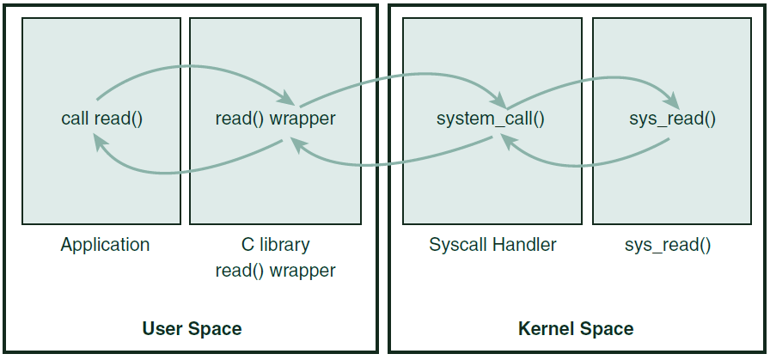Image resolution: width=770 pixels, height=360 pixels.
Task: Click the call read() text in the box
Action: coord(101,119)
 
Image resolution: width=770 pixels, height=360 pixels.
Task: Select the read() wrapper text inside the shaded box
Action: coord(275,119)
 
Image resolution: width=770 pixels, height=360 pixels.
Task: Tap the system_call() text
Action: coord(491,119)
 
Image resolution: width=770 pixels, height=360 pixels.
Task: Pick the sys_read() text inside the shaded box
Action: coord(672,119)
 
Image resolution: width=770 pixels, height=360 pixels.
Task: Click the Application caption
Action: coord(105,245)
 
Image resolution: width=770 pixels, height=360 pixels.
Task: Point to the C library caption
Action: coord(275,245)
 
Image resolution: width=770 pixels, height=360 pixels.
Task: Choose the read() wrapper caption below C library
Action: coord(275,271)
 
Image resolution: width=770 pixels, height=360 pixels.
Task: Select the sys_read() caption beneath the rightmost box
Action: coord(668,245)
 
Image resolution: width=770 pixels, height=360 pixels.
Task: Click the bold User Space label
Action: coord(192,328)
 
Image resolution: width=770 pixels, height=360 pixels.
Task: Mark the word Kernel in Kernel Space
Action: coord(547,328)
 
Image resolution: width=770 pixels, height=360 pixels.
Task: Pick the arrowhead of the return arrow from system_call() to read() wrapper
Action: coord(297,146)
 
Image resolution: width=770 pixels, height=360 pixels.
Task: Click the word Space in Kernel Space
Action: coord(607,328)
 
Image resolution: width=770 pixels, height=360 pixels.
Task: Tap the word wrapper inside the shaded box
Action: coord(302,119)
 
